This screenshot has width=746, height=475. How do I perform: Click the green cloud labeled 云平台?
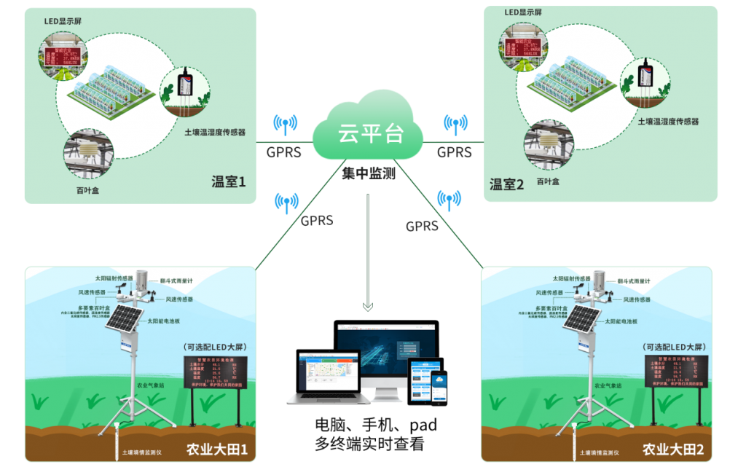click(368, 130)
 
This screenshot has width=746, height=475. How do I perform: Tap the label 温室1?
click(229, 179)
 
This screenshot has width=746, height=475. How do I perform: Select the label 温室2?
click(506, 184)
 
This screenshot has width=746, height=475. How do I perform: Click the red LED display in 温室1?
click(63, 58)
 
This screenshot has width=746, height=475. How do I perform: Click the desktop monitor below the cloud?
click(386, 356)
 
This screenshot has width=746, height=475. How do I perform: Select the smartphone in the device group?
click(439, 386)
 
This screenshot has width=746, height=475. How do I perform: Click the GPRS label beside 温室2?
click(454, 153)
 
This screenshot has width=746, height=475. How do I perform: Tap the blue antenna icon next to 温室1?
click(285, 125)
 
